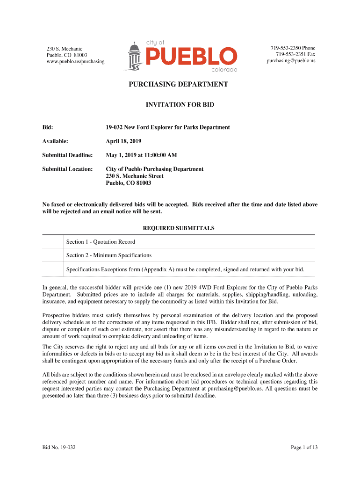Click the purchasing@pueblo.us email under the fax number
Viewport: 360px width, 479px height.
point(291,61)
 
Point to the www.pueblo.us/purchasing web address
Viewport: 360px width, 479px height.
point(75,61)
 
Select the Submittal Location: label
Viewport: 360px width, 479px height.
point(67,169)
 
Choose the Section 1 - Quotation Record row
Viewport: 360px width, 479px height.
point(101,242)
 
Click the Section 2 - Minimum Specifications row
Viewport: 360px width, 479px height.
point(109,255)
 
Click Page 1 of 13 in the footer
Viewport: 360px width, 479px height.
point(304,448)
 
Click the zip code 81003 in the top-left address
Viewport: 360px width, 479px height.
point(79,55)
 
